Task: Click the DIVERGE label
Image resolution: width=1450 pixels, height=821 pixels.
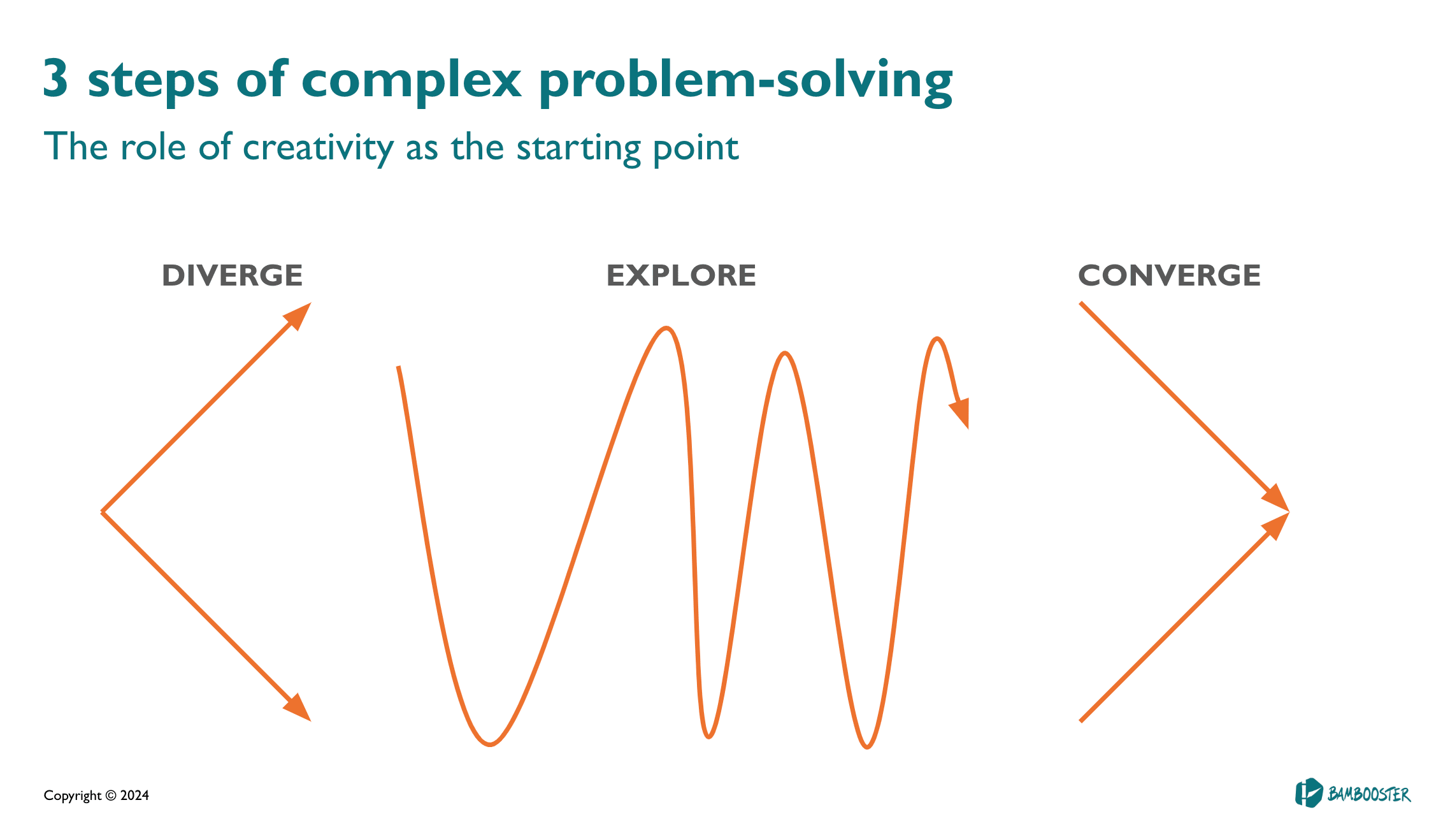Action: point(232,275)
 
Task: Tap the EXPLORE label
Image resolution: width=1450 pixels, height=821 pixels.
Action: point(681,275)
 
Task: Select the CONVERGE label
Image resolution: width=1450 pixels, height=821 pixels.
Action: point(1169,275)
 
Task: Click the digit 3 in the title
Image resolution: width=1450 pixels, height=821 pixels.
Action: point(55,78)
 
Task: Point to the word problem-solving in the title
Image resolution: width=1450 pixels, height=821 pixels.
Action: point(745,82)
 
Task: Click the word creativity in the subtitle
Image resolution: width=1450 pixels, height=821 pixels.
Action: point(318,148)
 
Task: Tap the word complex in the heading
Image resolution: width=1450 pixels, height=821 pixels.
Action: point(411,82)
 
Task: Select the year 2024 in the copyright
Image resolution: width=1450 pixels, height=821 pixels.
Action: point(134,796)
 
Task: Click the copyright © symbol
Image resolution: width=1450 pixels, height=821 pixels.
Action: point(111,796)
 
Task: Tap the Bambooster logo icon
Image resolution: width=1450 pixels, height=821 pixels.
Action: point(1309,793)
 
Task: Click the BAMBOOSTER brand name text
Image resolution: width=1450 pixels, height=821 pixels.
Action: point(1369,794)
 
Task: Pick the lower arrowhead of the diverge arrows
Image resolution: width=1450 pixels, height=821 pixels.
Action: point(298,708)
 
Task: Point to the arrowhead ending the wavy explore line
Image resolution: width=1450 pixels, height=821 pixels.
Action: point(959,413)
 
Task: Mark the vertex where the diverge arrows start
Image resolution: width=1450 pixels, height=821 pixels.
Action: point(102,512)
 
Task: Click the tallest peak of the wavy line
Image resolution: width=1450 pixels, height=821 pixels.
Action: point(666,329)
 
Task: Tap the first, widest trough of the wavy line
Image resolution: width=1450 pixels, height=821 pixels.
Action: point(489,744)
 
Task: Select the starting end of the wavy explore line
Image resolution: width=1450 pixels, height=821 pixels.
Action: point(398,367)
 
